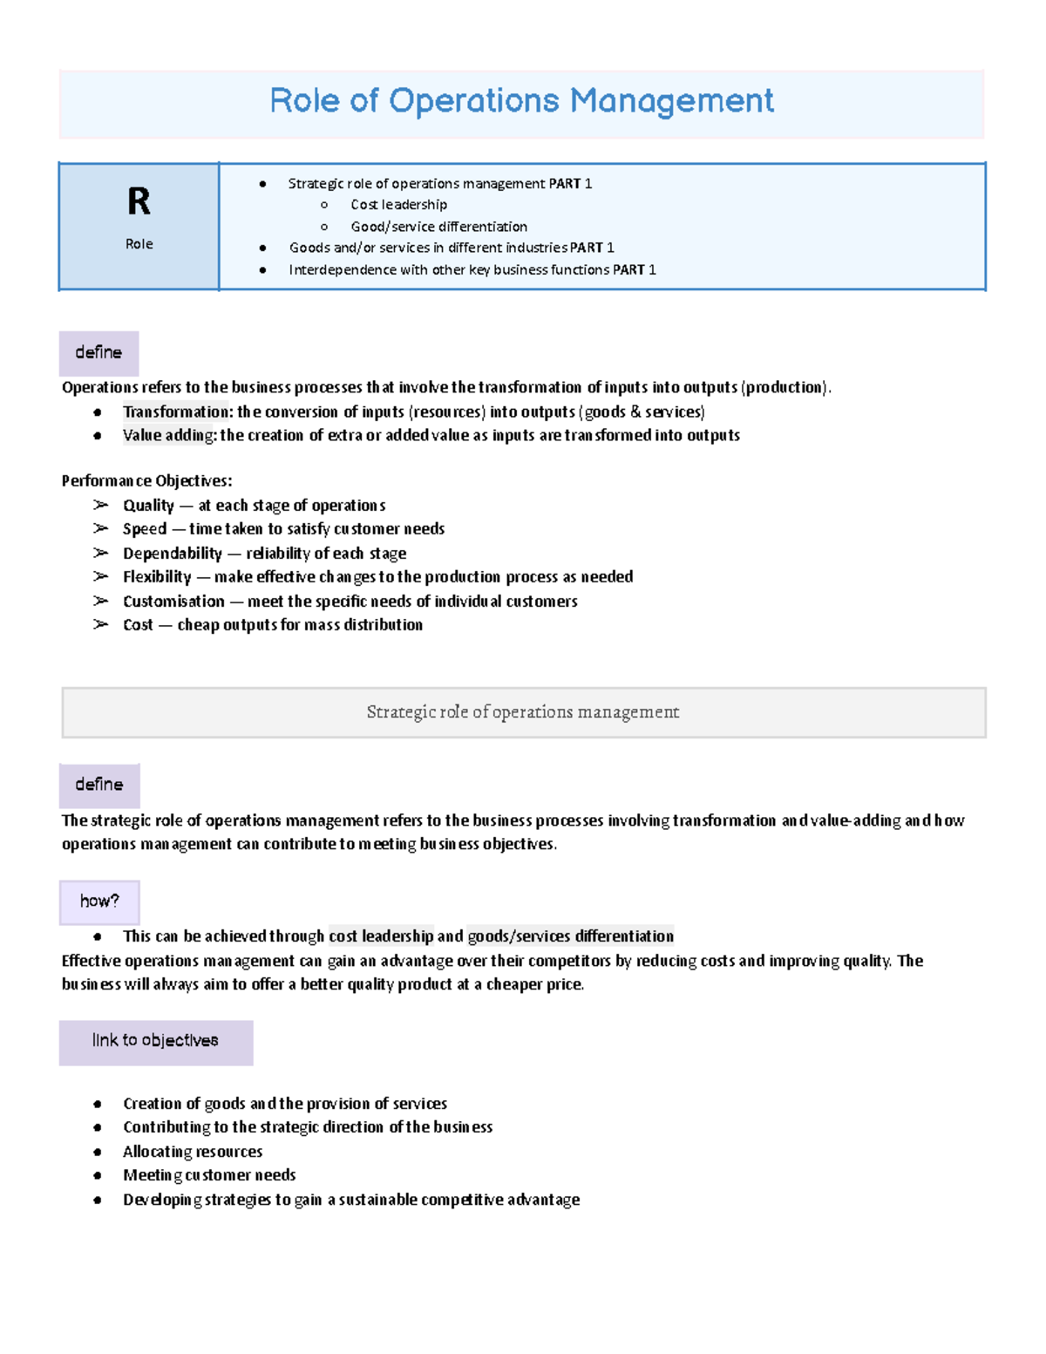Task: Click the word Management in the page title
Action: pyautogui.click(x=671, y=101)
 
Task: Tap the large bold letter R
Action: pyautogui.click(x=139, y=202)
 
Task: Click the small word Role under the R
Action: pyautogui.click(x=139, y=244)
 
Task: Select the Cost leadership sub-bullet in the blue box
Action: pyautogui.click(x=398, y=205)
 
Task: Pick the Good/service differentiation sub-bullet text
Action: pyautogui.click(x=438, y=227)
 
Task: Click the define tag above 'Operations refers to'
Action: pyautogui.click(x=98, y=353)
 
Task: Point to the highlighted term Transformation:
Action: pyautogui.click(x=178, y=412)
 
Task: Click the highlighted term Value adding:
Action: pyautogui.click(x=170, y=436)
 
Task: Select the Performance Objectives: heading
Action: pyautogui.click(x=146, y=481)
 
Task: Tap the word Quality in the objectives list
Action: pyautogui.click(x=148, y=506)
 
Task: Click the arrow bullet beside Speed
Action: pyautogui.click(x=101, y=529)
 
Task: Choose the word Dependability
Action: pyautogui.click(x=173, y=554)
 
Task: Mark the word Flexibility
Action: pyautogui.click(x=157, y=577)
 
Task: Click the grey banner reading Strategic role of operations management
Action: pyautogui.click(x=523, y=712)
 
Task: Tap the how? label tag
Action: pyautogui.click(x=99, y=902)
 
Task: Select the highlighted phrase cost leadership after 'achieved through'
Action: pyautogui.click(x=381, y=936)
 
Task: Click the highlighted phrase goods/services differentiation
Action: pyautogui.click(x=570, y=936)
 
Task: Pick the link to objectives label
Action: pyautogui.click(x=155, y=1041)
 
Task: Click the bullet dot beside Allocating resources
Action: pyautogui.click(x=98, y=1153)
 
